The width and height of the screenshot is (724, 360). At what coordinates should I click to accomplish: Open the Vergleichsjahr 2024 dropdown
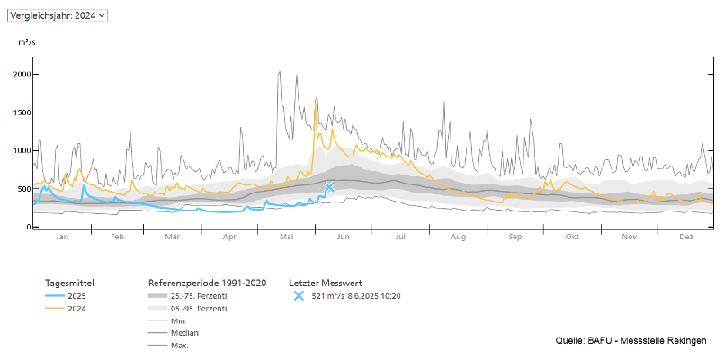click(57, 15)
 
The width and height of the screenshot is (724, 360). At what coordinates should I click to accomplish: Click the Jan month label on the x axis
click(62, 237)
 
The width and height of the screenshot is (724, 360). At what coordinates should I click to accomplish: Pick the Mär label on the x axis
click(173, 237)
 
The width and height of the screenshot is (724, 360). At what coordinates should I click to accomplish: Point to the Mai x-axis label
click(287, 237)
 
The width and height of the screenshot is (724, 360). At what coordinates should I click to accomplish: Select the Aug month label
click(458, 237)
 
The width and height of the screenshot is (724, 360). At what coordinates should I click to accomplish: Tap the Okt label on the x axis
click(572, 237)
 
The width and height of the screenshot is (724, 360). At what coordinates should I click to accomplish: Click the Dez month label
click(685, 237)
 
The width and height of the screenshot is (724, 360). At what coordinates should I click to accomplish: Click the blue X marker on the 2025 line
click(329, 187)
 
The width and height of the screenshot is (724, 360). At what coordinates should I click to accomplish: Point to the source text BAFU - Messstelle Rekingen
click(630, 340)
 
